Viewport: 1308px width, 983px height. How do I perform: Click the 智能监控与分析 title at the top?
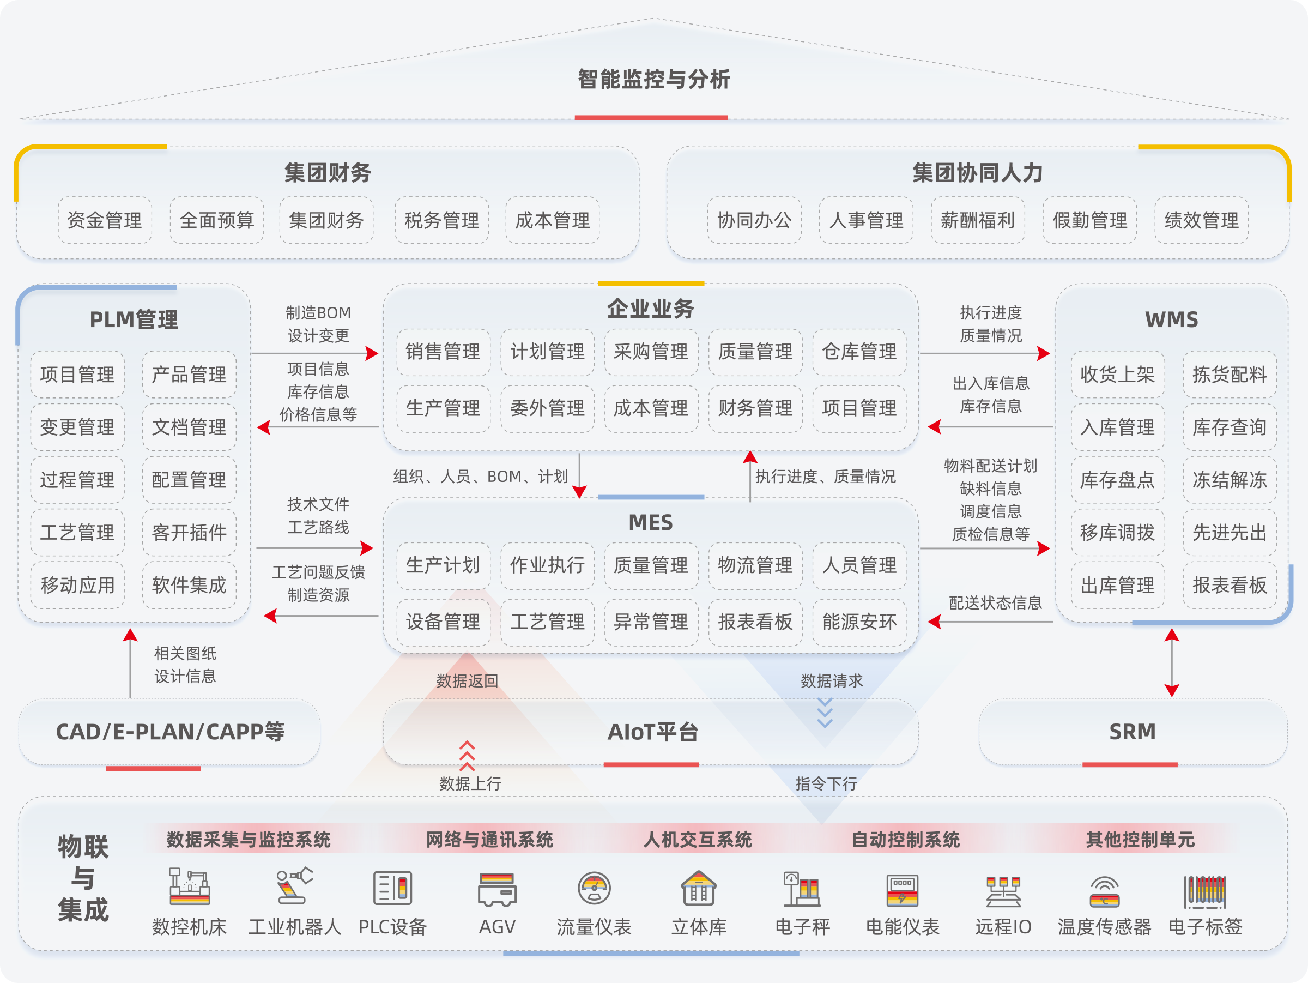[x=653, y=79]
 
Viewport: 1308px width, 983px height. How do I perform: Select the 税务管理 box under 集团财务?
[x=441, y=221]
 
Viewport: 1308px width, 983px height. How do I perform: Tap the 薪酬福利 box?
[x=977, y=221]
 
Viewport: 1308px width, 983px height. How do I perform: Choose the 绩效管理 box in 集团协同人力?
[x=1201, y=221]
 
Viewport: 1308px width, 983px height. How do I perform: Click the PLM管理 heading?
[x=134, y=319]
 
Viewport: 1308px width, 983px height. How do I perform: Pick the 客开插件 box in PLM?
[x=189, y=532]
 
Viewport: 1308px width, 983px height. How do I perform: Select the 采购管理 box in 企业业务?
[x=651, y=352]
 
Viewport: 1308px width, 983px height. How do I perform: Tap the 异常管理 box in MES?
[x=651, y=622]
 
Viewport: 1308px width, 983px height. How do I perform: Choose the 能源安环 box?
[x=859, y=622]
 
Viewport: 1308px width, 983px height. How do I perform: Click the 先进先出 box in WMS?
[x=1230, y=532]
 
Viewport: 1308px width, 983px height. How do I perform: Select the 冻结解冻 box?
[x=1230, y=480]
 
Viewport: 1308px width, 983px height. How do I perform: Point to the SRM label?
[x=1133, y=732]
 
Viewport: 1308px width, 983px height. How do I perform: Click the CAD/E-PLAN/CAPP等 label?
[x=170, y=732]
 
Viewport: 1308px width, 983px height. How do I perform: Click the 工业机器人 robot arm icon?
[x=294, y=885]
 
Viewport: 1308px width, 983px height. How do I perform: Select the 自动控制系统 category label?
[x=905, y=840]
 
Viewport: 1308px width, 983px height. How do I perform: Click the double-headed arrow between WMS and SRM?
[x=1172, y=663]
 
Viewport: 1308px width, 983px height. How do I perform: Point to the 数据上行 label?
[x=471, y=783]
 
